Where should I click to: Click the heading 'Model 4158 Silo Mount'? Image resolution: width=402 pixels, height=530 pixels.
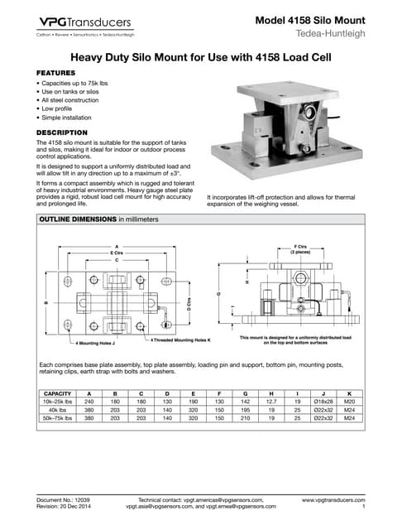coord(310,20)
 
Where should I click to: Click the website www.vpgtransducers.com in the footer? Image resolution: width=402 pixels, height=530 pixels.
coord(333,501)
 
